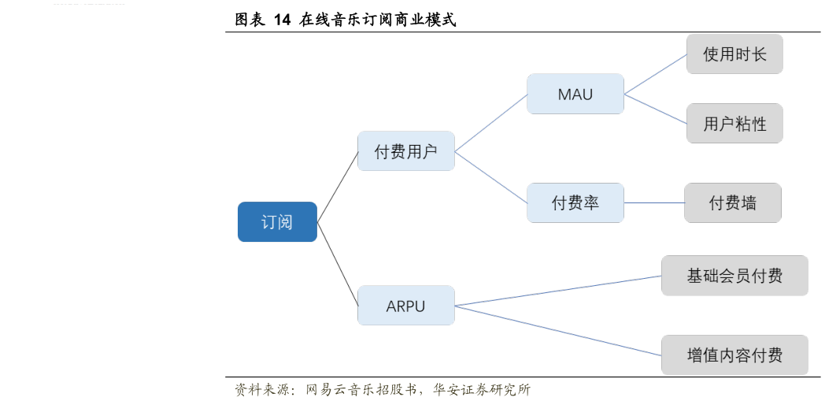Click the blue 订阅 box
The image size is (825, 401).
coord(277,221)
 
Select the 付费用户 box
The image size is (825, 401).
coord(405,151)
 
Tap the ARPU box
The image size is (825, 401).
coord(405,306)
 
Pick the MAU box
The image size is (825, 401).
coord(575,95)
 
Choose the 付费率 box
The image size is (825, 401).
coord(575,202)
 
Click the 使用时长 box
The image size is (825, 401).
coord(734,54)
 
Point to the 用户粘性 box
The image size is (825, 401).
coord(734,124)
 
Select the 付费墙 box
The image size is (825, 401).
coord(732,202)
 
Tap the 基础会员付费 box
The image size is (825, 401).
coord(734,276)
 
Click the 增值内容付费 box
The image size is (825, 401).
coord(734,355)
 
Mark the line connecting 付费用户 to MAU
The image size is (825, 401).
coord(491,122)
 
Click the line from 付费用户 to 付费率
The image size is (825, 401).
coord(491,178)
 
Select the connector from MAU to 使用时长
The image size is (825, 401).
coord(655,75)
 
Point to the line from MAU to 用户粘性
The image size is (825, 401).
coord(655,110)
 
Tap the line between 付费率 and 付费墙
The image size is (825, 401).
coord(654,202)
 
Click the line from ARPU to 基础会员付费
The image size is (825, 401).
coord(557,291)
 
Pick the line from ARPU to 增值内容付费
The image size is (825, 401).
coord(557,330)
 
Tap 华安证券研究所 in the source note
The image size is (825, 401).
coord(482,390)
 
